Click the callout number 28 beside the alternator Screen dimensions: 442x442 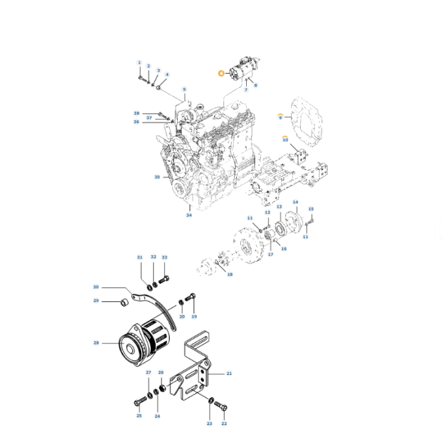tap(96, 342)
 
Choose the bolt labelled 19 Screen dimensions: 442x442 tap(190, 298)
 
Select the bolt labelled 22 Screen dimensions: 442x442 tap(222, 407)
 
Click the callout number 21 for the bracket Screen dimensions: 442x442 tap(229, 374)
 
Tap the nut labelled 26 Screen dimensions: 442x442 tap(160, 389)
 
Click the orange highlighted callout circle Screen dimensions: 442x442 tap(221, 74)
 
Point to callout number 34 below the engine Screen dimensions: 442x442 tap(189, 215)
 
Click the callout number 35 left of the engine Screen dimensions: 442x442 tap(157, 177)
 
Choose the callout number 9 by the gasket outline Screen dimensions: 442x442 tap(281, 117)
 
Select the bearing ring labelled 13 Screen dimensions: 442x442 tap(279, 228)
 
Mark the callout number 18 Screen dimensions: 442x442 tap(229, 275)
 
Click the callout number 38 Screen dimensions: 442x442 tap(137, 113)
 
